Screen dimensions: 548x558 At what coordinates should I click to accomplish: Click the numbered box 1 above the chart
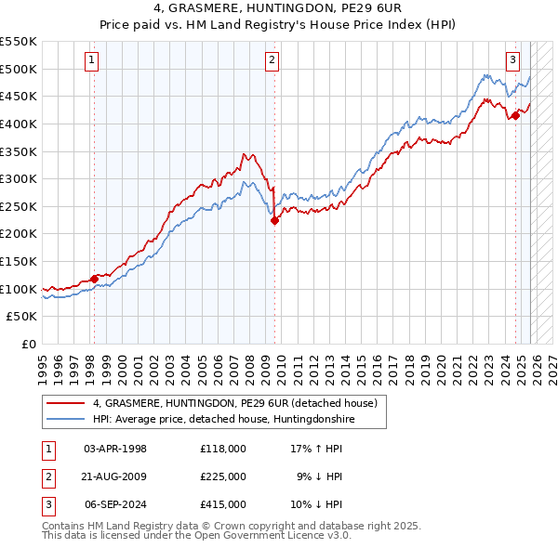tap(93, 60)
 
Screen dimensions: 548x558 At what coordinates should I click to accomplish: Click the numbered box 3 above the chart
tap(512, 60)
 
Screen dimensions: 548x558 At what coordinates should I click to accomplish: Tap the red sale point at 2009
tap(275, 220)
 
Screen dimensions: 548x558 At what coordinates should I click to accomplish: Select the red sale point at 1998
tap(94, 279)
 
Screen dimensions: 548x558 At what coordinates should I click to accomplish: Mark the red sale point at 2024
tap(515, 115)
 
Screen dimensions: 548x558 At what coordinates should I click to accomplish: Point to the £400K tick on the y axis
tap(20, 124)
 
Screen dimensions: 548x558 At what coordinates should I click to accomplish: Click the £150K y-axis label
tap(20, 261)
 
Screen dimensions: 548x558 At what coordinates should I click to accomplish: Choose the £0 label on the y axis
tap(28, 344)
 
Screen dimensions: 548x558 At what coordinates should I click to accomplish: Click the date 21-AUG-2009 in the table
tap(115, 476)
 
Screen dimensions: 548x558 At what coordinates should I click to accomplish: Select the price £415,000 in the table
tap(222, 504)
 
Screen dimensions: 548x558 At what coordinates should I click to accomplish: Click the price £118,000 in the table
tap(222, 449)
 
